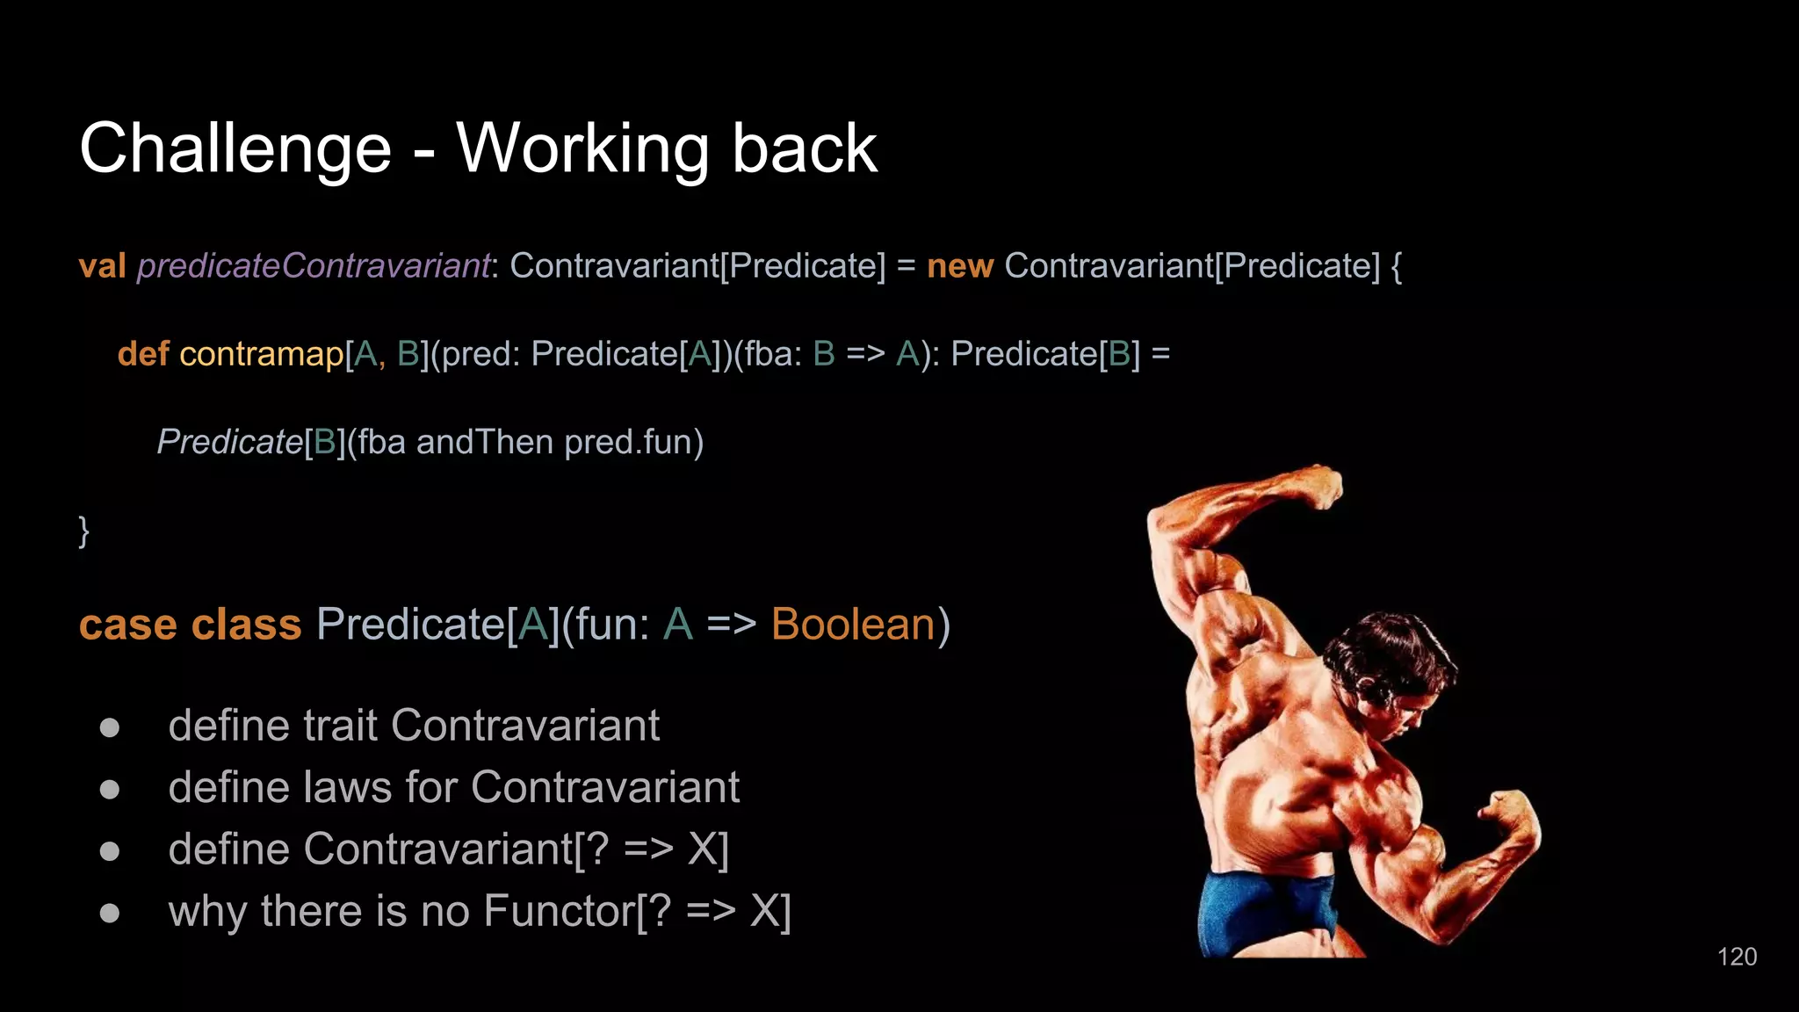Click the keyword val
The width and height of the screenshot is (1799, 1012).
coord(102,265)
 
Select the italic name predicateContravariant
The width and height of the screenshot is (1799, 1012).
coord(313,265)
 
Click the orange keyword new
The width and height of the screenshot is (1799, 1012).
coord(959,265)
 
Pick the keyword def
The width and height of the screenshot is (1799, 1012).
coord(142,354)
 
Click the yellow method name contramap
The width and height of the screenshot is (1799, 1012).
coord(261,354)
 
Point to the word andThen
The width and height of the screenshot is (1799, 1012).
coord(484,442)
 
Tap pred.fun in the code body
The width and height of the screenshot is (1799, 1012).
coord(633,442)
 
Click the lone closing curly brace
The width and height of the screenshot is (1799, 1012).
coord(83,531)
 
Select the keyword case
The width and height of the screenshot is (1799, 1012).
coord(128,625)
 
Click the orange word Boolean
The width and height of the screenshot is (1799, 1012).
coord(853,625)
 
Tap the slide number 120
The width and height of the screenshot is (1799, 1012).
coord(1737,957)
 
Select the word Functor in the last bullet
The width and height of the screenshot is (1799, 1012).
coord(559,911)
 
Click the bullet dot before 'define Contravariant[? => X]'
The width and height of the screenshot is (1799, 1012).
coord(110,850)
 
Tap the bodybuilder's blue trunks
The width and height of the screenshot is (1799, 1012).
coord(1265,909)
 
